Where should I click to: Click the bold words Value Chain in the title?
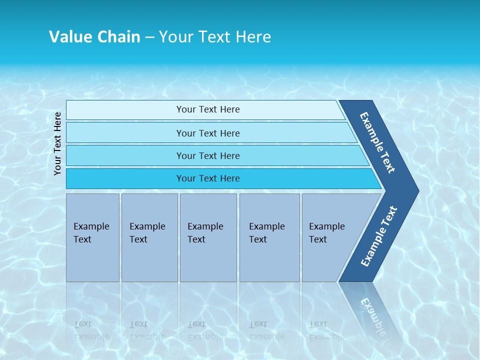[x=94, y=36]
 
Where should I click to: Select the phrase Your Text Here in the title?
[x=215, y=36]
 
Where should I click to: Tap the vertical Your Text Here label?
[x=57, y=143]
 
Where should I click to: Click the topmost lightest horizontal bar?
[x=125, y=110]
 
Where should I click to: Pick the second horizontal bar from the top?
[x=125, y=133]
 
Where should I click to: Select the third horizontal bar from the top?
[x=125, y=155]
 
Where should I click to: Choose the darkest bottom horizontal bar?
[x=125, y=178]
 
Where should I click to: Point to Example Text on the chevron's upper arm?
[x=377, y=142]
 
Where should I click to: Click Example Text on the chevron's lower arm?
[x=378, y=236]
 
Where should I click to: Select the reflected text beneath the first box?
[x=91, y=330]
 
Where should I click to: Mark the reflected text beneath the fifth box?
[x=326, y=330]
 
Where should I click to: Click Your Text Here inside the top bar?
[x=208, y=109]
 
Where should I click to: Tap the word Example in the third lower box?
[x=205, y=226]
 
